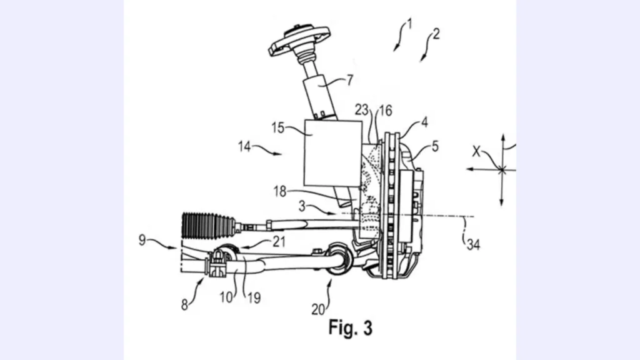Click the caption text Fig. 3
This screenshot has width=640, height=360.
tap(351, 327)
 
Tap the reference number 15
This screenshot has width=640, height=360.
tap(278, 127)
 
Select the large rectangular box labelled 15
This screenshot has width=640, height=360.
tap(333, 153)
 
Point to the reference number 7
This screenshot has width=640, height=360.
tap(350, 80)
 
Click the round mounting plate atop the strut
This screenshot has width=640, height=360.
tap(299, 40)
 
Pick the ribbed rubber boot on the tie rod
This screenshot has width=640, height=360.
tap(209, 225)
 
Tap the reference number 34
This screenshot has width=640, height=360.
tap(473, 244)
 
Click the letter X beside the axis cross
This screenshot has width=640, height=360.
tap(476, 151)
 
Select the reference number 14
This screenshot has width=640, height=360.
tap(244, 146)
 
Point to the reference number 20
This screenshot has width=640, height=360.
tap(318, 310)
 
